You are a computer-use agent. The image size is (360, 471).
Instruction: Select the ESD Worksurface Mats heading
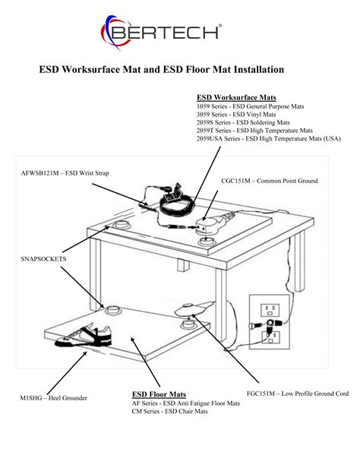pyautogui.click(x=236, y=98)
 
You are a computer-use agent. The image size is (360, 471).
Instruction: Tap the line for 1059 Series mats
pyautogui.click(x=250, y=107)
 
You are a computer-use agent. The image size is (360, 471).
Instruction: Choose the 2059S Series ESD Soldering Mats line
pyautogui.click(x=243, y=122)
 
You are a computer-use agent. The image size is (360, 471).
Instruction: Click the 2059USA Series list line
pyautogui.click(x=268, y=139)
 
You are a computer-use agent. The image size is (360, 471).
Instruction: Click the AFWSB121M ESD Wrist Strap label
pyautogui.click(x=65, y=174)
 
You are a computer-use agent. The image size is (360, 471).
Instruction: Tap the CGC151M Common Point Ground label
pyautogui.click(x=269, y=182)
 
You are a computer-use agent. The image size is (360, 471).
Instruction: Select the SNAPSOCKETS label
pyautogui.click(x=43, y=259)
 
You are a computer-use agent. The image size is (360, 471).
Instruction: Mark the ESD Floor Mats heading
pyautogui.click(x=159, y=395)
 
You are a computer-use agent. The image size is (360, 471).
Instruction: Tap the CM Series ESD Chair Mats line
pyautogui.click(x=169, y=412)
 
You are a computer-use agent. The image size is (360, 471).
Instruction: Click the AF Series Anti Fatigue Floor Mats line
pyautogui.click(x=185, y=403)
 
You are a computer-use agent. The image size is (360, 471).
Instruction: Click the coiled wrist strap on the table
pyautogui.click(x=175, y=201)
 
